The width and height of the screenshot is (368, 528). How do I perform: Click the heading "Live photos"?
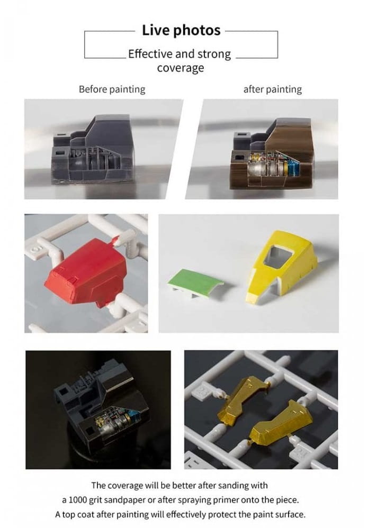coord(181,30)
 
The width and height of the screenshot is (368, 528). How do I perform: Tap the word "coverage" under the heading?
coord(181,68)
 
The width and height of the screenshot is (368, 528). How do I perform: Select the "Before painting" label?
coord(112,89)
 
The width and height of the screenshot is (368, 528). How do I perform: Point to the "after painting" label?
coord(272,89)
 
